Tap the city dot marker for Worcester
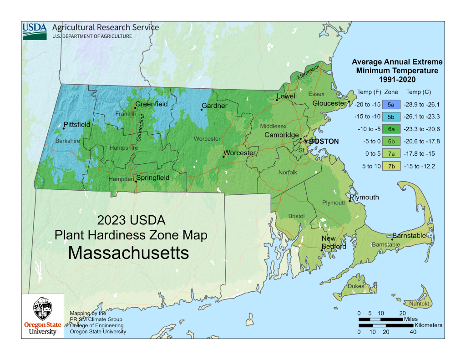coord(223,157)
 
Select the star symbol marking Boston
coord(306,141)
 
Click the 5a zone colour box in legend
coord(391,105)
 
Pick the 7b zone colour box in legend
coord(391,166)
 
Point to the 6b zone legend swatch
coord(391,142)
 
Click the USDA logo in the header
coord(35,31)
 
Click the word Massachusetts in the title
coord(128,253)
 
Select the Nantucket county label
coord(420,303)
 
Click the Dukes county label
coord(356,286)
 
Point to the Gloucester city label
coord(330,103)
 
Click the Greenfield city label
coord(152,104)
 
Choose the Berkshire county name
coord(67,141)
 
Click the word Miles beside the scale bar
coord(410,319)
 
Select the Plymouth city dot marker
coord(349,201)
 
